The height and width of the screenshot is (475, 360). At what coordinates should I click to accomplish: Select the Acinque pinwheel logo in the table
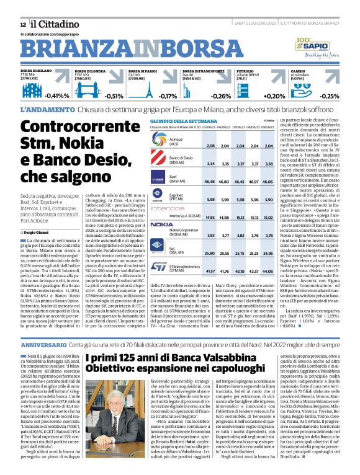point(161,146)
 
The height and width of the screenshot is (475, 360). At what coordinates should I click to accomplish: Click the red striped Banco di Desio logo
point(161,162)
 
